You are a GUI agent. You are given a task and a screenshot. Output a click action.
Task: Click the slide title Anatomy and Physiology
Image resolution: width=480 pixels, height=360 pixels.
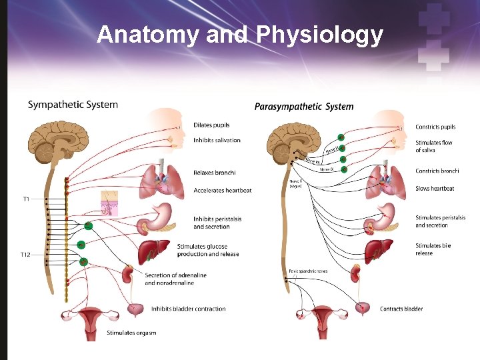(240, 35)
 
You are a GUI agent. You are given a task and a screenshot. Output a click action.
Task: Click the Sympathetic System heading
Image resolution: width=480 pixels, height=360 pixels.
(73, 105)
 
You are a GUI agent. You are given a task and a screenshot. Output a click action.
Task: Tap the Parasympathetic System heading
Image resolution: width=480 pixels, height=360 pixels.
(304, 107)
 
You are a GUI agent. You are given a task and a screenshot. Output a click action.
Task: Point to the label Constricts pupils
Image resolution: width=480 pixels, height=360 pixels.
(435, 127)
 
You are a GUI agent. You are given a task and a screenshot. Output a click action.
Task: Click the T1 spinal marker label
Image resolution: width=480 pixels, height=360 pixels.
(26, 199)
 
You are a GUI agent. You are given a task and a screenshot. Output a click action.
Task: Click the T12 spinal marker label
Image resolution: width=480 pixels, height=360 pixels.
(25, 255)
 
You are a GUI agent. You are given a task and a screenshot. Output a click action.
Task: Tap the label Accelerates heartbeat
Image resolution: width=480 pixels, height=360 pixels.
(223, 191)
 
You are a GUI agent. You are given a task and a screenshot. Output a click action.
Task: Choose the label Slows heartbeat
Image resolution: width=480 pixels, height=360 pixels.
(435, 189)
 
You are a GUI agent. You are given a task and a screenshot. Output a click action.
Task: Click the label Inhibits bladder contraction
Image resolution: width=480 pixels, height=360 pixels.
(188, 309)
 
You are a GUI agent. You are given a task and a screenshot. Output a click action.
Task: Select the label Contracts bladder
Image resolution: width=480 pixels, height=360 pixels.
(401, 309)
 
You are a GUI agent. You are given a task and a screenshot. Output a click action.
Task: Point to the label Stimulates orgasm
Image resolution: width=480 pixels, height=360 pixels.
(131, 333)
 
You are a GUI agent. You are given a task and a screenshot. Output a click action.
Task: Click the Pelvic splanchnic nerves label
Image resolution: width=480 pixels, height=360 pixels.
(308, 271)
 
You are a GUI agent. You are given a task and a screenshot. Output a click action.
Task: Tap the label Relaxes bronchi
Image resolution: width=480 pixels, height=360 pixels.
(214, 173)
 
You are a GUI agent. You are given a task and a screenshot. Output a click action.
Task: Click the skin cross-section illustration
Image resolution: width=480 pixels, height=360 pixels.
(109, 203)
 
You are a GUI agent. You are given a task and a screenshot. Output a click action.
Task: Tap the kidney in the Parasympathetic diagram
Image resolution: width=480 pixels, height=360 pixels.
(357, 274)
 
